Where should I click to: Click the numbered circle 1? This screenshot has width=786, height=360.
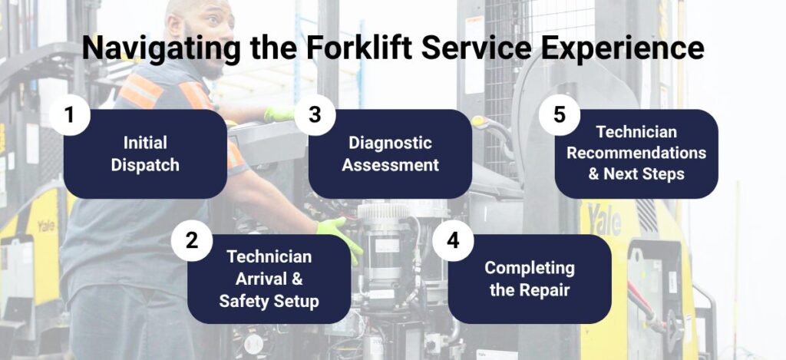[70, 115]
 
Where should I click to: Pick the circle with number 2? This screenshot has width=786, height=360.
[191, 241]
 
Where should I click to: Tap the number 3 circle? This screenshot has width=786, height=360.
[315, 115]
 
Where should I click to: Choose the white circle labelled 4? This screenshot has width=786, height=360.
[453, 241]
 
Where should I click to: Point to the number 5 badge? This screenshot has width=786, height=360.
[560, 115]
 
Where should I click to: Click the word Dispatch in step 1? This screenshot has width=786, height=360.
[145, 166]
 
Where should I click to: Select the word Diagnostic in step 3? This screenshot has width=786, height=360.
[390, 144]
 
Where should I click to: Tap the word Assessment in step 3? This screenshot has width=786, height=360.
[390, 165]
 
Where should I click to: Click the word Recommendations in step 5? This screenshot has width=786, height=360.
[636, 153]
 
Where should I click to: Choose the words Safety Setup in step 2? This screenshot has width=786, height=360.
[269, 301]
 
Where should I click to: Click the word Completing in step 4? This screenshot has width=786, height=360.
[530, 268]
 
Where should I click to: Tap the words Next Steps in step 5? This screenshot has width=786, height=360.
[644, 174]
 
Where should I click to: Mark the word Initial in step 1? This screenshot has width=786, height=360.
[145, 143]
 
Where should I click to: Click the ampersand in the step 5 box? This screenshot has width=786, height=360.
[594, 174]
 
